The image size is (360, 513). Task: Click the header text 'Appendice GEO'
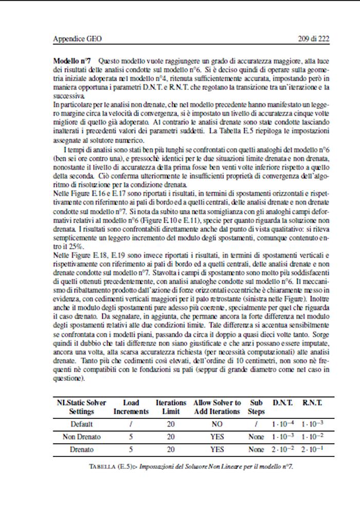pos(76,39)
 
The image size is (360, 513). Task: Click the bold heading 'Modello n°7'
pos(73,61)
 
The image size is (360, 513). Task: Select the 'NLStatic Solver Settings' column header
pos(82,407)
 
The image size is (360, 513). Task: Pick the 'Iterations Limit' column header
pos(171,407)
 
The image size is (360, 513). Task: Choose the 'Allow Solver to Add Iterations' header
pos(217,407)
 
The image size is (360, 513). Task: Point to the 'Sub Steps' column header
pos(256,407)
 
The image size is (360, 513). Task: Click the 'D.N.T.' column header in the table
pos(282,403)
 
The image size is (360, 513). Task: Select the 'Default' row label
pos(82,425)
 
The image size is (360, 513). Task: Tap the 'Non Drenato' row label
pos(82,437)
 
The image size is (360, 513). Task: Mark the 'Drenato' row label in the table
pos(82,450)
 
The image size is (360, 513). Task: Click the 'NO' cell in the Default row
pos(217,425)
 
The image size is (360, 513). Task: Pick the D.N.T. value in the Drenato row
pos(282,450)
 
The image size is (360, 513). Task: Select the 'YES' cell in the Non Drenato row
pos(217,437)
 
